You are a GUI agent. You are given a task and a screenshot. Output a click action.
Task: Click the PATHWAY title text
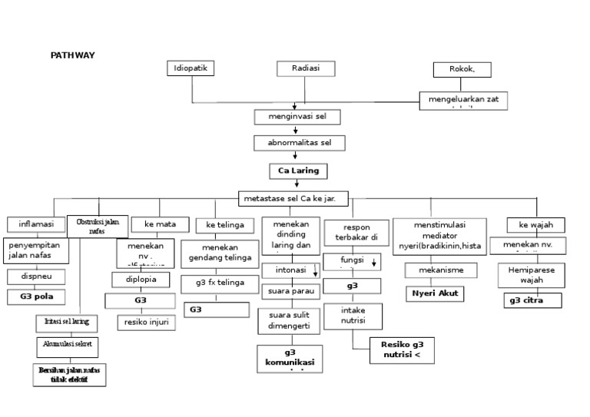point(72,55)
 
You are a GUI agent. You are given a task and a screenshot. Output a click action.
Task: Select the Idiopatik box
point(191,69)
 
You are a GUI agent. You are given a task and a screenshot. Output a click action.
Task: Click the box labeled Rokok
point(462,70)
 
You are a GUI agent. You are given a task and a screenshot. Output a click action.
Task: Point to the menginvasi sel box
point(297,117)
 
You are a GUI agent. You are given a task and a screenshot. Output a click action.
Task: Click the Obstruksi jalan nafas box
point(97,227)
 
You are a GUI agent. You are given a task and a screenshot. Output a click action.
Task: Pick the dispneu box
point(35,276)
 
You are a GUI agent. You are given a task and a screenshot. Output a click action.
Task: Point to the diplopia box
point(141,280)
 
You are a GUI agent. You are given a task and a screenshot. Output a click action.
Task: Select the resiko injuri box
point(146,323)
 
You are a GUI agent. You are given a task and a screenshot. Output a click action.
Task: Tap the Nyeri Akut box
point(435,293)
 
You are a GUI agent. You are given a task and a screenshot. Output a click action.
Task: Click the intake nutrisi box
point(352,314)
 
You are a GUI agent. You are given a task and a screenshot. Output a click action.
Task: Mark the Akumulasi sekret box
point(67,346)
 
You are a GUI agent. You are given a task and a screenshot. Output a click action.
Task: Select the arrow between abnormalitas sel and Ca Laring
point(296,157)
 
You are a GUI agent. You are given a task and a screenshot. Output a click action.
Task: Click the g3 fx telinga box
point(214,283)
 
